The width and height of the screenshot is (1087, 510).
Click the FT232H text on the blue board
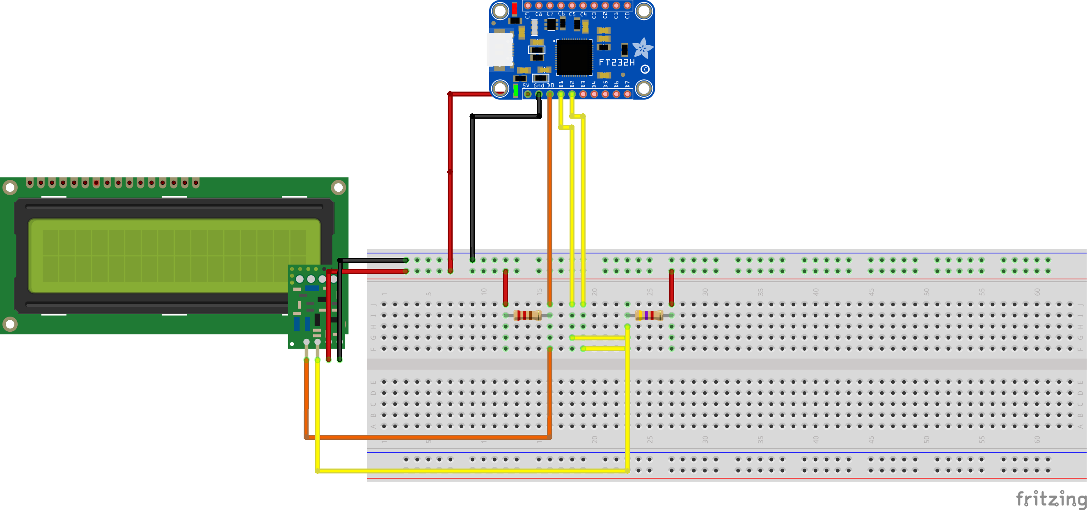point(616,62)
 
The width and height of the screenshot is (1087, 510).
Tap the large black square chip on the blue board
point(574,57)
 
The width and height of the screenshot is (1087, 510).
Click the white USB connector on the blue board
point(500,50)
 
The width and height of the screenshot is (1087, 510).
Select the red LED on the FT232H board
point(515,9)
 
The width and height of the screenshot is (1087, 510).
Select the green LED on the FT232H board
point(516,90)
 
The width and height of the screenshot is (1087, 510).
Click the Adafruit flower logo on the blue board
point(642,48)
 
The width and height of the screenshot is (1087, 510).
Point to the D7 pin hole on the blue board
point(627,94)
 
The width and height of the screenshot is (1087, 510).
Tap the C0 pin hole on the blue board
point(627,5)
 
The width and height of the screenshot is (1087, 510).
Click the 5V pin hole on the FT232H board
point(527,94)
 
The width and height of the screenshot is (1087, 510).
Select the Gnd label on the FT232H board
point(539,86)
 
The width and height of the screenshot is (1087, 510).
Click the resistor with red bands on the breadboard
point(527,315)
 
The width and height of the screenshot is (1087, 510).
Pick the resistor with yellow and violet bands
point(649,315)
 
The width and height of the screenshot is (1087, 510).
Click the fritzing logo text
point(1051,499)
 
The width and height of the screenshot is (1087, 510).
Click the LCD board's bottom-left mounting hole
point(10,324)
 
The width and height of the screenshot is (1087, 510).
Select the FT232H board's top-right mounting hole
point(643,11)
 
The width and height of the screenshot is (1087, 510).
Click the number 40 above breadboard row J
point(815,292)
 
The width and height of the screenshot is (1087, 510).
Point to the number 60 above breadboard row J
point(1037,292)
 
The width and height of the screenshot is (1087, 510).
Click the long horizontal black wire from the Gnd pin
point(506,116)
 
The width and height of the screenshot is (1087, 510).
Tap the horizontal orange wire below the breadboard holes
point(426,437)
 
